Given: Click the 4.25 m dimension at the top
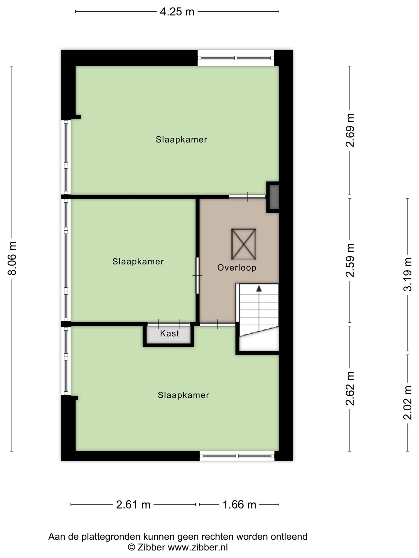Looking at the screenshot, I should tap(177, 12).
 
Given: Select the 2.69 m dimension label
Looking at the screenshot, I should tap(350, 130).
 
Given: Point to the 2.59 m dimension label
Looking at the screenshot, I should tap(350, 260).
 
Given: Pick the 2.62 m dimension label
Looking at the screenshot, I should tap(350, 388).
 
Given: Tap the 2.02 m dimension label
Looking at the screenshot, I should tap(408, 403).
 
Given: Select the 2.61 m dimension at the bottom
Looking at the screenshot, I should tap(133, 505).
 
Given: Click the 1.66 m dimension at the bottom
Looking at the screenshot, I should tap(239, 505).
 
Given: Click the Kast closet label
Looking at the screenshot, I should tap(169, 333).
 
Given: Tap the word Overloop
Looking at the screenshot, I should tap(237, 268).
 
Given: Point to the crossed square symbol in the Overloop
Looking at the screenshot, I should tap(244, 244).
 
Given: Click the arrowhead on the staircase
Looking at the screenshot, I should tap(259, 288).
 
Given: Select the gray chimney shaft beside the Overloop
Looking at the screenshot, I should tap(274, 197).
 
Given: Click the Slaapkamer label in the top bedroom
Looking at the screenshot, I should tap(181, 139).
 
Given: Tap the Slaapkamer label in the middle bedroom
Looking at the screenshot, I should tap(138, 262).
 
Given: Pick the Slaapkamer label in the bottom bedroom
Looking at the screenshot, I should tap(183, 395).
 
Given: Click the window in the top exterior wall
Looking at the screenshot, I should tap(236, 58).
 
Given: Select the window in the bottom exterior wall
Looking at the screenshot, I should tap(237, 456).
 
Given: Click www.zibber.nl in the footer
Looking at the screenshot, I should tap(198, 548).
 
